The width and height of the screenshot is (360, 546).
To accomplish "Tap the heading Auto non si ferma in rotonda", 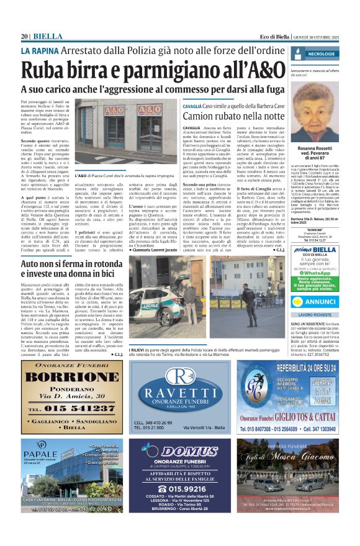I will click(x=71, y=264).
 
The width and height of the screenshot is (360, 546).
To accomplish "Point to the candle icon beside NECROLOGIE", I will click(x=312, y=54).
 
